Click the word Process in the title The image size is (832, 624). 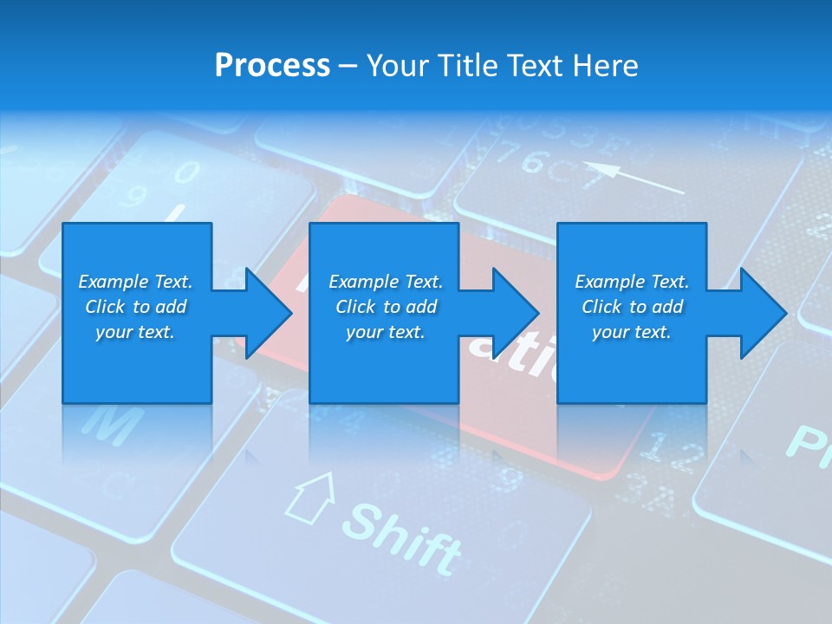(x=272, y=66)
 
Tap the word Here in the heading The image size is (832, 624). (x=606, y=66)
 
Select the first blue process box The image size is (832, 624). (x=137, y=364)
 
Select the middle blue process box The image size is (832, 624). (x=384, y=364)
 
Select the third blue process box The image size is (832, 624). (x=631, y=364)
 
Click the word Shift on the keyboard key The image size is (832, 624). (x=403, y=537)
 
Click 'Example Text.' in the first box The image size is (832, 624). (x=135, y=282)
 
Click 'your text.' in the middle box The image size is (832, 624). (x=385, y=332)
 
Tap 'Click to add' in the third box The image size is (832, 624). (x=632, y=307)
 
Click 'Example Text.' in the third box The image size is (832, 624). (x=632, y=282)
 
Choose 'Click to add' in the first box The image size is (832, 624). (x=135, y=307)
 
